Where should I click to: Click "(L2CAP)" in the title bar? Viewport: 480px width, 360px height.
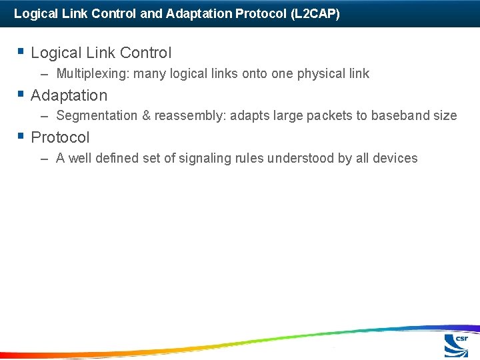pos(315,13)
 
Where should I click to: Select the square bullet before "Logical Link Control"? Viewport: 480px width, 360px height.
pos(21,51)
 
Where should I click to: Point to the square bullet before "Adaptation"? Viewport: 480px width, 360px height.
pos(21,93)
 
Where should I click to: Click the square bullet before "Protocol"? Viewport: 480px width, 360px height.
pos(21,135)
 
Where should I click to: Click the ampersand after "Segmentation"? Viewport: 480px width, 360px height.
pos(146,116)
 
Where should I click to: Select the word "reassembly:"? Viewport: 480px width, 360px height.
pos(190,116)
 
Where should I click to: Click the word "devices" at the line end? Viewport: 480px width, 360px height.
pos(395,159)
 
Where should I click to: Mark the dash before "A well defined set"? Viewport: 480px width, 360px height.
pos(45,159)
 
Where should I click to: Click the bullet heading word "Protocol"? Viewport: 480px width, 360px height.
pos(60,138)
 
